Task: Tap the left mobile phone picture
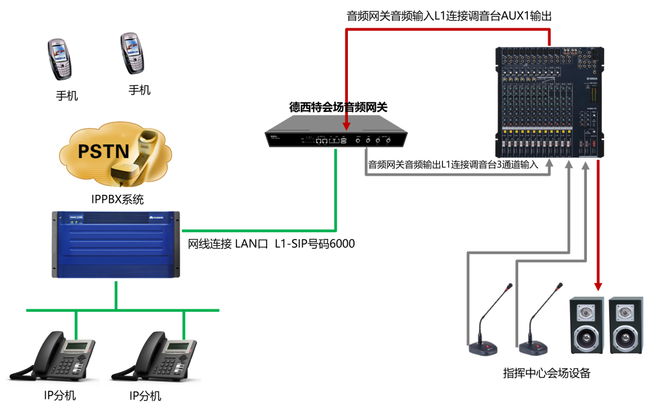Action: pos(60,59)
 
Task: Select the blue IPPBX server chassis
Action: pos(116,244)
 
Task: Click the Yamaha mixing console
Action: pos(549,102)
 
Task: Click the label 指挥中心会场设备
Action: pos(546,373)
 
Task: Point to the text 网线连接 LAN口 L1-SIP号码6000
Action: pos(271,244)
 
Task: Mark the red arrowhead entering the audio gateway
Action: pos(347,125)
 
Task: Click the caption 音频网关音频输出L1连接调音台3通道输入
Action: pos(453,164)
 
